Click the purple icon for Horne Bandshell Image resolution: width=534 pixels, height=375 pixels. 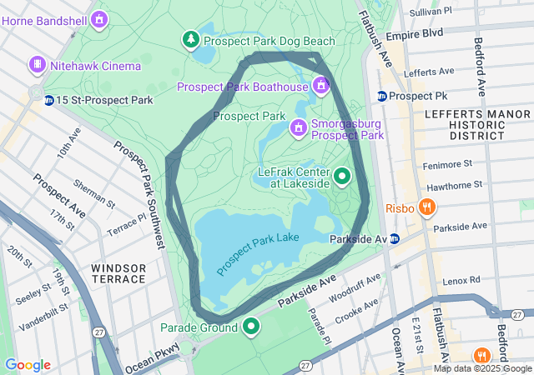click(99, 17)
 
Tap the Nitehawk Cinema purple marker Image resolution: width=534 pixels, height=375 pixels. click(37, 64)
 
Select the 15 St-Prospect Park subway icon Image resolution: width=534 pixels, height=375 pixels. click(49, 100)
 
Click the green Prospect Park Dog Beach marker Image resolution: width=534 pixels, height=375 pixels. click(192, 39)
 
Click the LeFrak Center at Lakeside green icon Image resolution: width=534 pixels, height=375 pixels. click(342, 176)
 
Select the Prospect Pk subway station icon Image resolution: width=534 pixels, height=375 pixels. click(381, 96)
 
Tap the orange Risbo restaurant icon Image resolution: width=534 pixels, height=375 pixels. click(426, 207)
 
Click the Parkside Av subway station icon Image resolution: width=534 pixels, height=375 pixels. click(395, 239)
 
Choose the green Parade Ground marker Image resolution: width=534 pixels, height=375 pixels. click(250, 326)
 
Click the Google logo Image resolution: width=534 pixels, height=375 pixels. click(28, 365)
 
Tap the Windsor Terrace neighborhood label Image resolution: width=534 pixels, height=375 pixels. click(118, 274)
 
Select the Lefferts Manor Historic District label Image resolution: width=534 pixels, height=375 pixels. click(464, 123)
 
